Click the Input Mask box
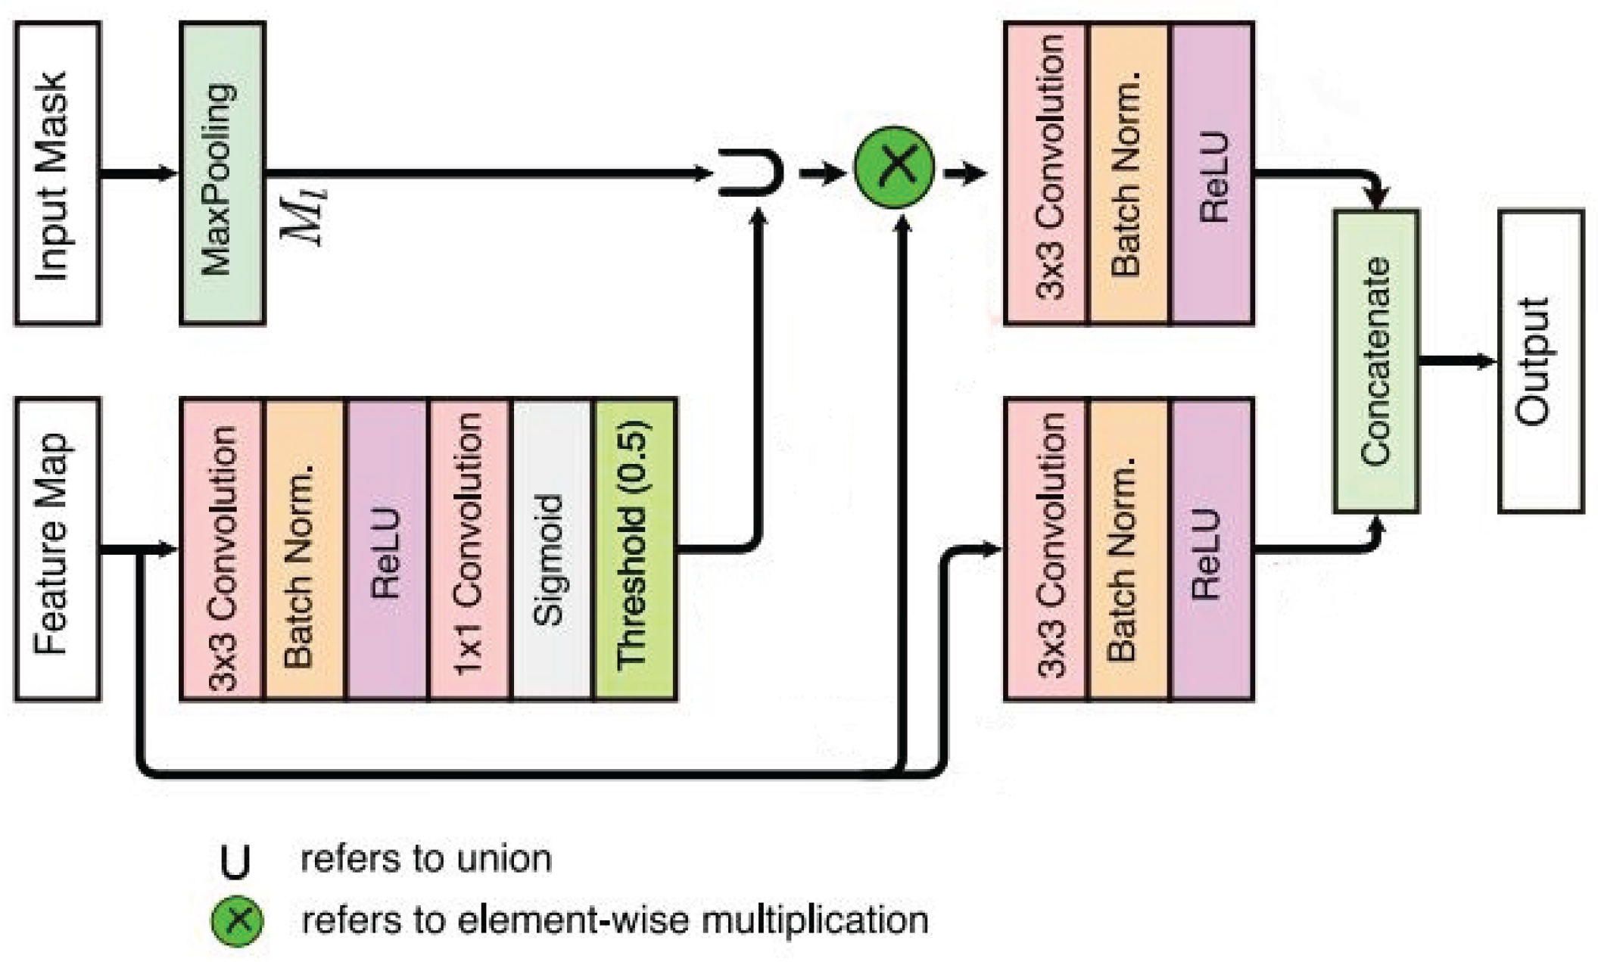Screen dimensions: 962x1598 tap(58, 173)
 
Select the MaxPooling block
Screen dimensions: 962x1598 tap(222, 173)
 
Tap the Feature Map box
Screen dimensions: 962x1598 tap(58, 549)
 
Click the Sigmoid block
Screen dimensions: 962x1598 tap(551, 549)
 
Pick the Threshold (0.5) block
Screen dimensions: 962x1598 tap(635, 549)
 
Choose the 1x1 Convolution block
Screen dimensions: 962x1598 tap(468, 549)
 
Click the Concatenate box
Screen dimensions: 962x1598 tap(1375, 361)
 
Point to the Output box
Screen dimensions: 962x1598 tap(1540, 361)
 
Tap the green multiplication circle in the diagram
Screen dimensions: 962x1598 tap(894, 167)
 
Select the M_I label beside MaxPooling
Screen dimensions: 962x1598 tap(304, 216)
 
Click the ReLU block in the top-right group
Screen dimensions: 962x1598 tap(1212, 173)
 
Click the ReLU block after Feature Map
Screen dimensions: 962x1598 tap(386, 549)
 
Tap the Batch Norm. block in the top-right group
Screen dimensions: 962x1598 tap(1128, 173)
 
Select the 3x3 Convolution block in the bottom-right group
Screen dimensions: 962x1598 tap(1046, 549)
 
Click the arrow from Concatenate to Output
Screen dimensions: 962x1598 tap(1457, 361)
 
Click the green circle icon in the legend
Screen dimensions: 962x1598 tap(237, 920)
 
